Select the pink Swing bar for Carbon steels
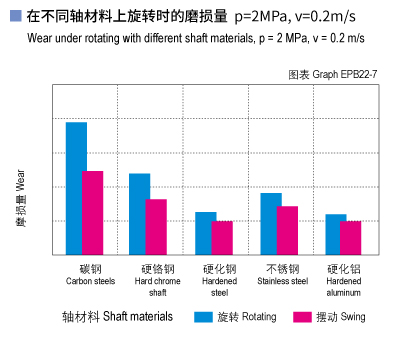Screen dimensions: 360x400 pyautogui.click(x=93, y=213)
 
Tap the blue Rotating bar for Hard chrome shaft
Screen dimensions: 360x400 pyautogui.click(x=140, y=214)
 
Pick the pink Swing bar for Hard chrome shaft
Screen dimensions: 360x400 pyautogui.click(x=157, y=227)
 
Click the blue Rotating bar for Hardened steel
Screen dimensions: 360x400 pyautogui.click(x=205, y=233)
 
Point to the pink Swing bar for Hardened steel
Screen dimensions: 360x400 pyautogui.click(x=222, y=238)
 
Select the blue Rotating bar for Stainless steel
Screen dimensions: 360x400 pyautogui.click(x=270, y=224)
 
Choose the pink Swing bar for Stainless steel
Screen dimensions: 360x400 pyautogui.click(x=287, y=230)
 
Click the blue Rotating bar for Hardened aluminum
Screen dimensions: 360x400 pyautogui.click(x=335, y=234)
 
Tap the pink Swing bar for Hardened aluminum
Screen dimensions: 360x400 pyautogui.click(x=351, y=238)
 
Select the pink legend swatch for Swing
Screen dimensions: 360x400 pyautogui.click(x=300, y=317)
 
